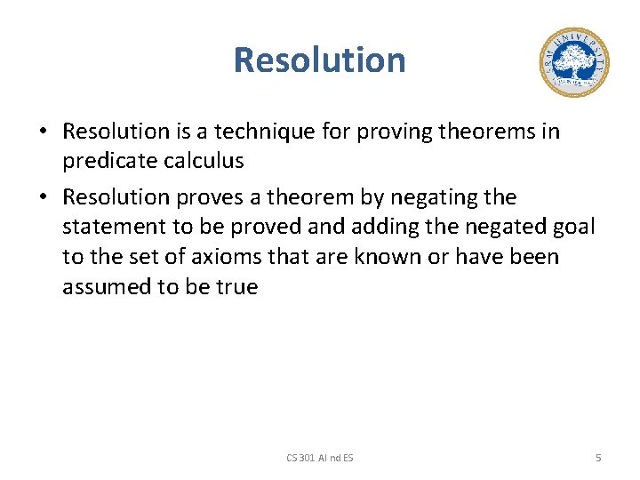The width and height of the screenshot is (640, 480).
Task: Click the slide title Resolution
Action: point(319,60)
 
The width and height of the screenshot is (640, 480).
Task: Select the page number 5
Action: point(598,457)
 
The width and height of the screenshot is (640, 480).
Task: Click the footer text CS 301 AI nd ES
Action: point(319,457)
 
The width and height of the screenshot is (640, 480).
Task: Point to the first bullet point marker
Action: point(43,132)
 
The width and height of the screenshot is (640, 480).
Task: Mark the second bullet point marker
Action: point(43,197)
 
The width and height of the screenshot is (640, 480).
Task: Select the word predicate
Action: point(104,162)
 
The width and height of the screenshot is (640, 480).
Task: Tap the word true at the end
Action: point(236,287)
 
